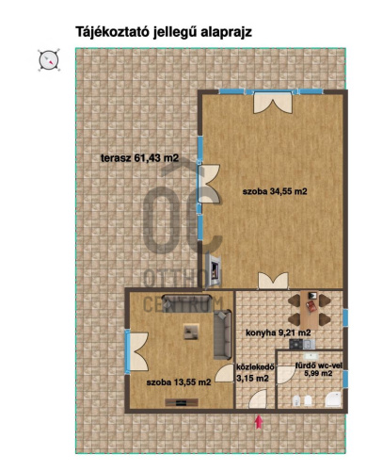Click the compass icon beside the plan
[x=49, y=60]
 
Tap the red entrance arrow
[x=259, y=422]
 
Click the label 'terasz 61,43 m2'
[x=140, y=158]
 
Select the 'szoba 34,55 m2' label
[x=275, y=191]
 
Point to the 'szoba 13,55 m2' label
[x=179, y=382]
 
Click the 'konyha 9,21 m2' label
[x=279, y=333]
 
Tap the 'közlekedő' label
[x=256, y=366]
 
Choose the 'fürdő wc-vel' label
[x=319, y=365]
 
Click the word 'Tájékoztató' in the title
[x=112, y=32]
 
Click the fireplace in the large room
[x=214, y=270]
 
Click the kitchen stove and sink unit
[x=301, y=344]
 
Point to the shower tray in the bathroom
[x=333, y=399]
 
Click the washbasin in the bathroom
[x=311, y=356]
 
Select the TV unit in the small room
[x=182, y=402]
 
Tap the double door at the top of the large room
[x=273, y=103]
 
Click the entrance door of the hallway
[x=258, y=399]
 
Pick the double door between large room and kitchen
[x=273, y=281]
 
